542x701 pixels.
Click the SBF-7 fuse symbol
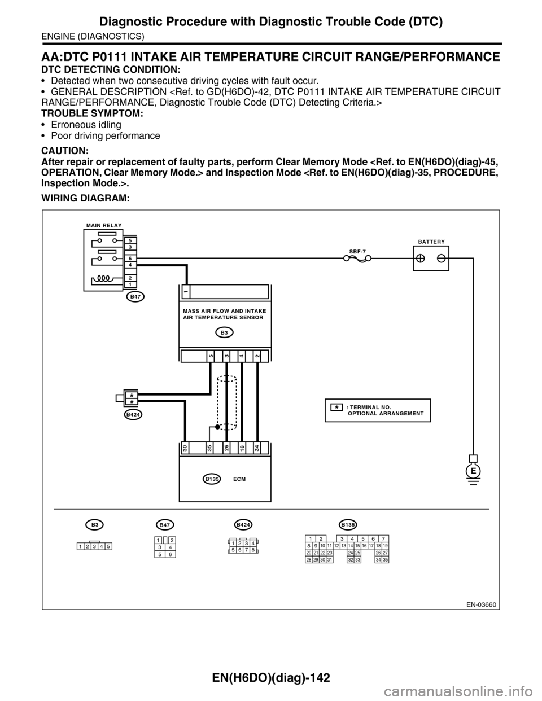357,259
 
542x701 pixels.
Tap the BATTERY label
431,241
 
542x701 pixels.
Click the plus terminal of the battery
421,258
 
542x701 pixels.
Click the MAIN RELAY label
104,225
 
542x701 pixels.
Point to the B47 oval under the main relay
134,296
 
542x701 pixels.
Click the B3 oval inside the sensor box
224,333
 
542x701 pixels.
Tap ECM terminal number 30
185,448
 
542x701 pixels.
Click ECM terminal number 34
257,448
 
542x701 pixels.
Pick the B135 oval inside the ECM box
212,479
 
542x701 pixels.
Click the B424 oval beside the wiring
133,414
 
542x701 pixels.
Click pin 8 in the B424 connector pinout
253,550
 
